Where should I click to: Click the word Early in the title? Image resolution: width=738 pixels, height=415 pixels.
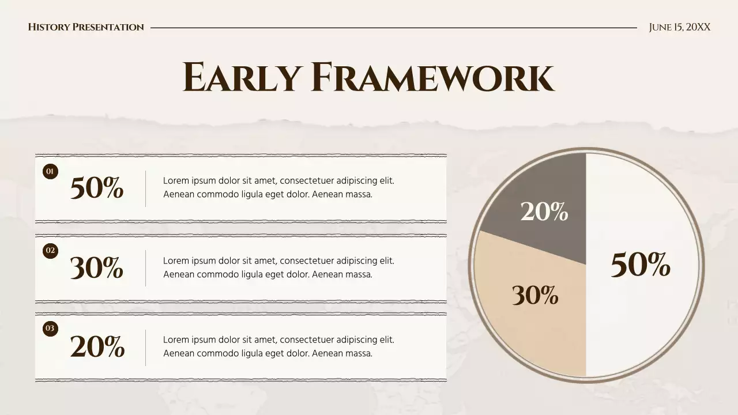point(242,77)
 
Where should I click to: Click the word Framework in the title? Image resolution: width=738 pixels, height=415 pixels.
point(432,77)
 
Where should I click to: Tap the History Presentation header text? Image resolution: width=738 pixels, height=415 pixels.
point(86,27)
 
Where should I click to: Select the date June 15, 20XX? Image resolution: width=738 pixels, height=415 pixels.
point(679,27)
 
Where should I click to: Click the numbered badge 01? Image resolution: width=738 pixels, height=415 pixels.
point(51,171)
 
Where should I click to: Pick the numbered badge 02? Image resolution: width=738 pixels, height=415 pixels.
point(51,250)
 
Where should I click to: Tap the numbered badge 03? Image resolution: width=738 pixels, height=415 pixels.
point(51,329)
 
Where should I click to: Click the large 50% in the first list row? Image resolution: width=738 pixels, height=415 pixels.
point(97,188)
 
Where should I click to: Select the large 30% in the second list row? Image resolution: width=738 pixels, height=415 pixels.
point(97,267)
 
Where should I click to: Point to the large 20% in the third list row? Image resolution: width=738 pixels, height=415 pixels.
point(97,346)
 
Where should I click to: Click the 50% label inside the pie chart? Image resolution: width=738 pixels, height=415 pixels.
point(640,265)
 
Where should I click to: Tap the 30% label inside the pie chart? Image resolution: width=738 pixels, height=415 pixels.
point(535,296)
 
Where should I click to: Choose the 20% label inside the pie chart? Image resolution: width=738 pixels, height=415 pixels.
point(544,212)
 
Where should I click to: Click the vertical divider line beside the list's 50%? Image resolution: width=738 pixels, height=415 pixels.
point(145,188)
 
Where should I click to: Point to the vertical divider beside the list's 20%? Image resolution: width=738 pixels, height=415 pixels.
point(145,348)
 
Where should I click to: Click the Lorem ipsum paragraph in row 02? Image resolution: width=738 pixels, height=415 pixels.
point(278,267)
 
